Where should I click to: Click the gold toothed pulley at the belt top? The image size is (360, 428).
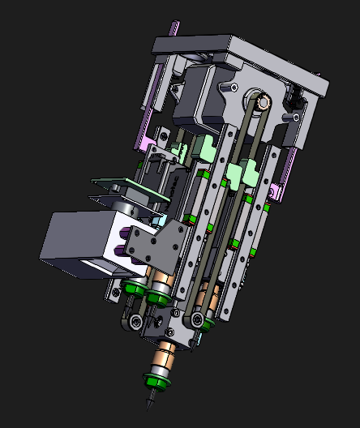click(x=261, y=102)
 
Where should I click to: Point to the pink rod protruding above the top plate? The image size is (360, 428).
click(x=174, y=28)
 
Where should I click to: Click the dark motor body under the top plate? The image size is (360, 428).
click(x=199, y=97)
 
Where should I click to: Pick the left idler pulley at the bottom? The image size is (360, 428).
click(x=134, y=323)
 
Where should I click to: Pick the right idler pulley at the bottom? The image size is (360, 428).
click(x=198, y=322)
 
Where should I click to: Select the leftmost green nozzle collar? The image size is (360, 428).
click(x=132, y=289)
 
